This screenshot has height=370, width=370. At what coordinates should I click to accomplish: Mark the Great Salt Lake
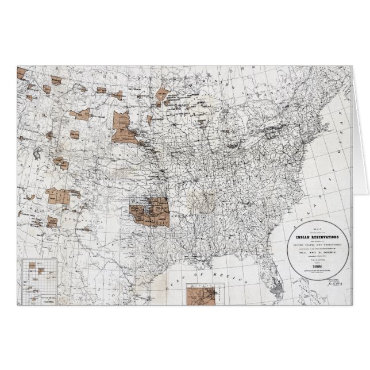pos(38,155)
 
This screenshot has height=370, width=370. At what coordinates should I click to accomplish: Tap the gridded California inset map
pos(39,280)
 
